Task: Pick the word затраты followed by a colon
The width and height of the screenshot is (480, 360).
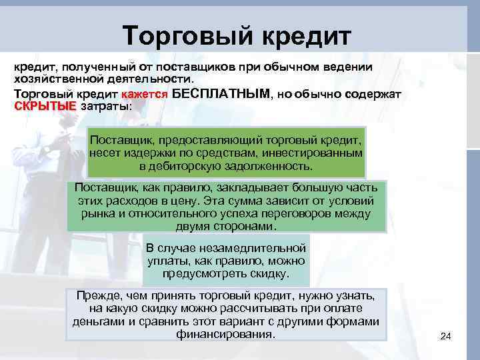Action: click(x=106, y=107)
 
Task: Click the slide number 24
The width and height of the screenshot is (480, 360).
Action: click(x=446, y=337)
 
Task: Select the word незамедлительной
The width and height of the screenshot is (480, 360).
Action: click(x=260, y=247)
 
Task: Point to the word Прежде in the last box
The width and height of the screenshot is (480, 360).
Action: click(x=95, y=295)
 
